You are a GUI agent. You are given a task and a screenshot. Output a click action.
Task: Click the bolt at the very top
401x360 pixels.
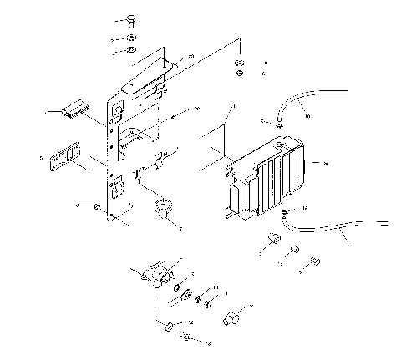pos(133,20)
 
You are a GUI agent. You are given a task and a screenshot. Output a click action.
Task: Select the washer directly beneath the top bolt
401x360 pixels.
pos(133,38)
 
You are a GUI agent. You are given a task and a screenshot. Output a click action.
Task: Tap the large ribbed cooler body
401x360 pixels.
pos(263,180)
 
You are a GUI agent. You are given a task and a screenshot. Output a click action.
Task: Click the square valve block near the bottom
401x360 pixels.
pos(155,276)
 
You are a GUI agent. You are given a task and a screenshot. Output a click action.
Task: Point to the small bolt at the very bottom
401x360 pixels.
pos(185,337)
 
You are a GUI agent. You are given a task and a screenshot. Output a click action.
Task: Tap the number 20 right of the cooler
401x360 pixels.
pos(325,164)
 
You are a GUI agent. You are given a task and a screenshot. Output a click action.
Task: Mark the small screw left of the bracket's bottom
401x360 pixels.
pos(98,205)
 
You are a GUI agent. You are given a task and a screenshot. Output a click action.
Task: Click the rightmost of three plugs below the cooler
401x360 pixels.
pos(315,262)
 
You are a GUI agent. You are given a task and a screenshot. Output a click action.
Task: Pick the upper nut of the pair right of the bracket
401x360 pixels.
pos(239,63)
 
